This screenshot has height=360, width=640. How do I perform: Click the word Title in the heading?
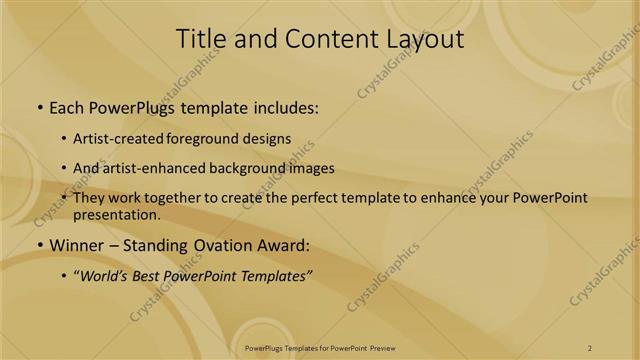tap(200, 39)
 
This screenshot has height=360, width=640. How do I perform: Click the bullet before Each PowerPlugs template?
tap(39, 107)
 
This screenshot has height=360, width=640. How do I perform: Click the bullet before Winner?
tap(39, 245)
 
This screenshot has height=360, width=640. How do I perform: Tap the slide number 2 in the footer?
tap(590, 348)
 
